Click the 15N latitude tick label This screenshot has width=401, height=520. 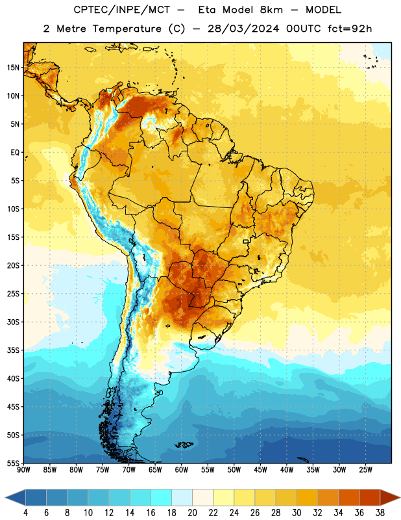tap(13, 68)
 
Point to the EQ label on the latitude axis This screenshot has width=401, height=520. tap(15, 153)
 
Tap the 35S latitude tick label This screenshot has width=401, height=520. tap(13, 350)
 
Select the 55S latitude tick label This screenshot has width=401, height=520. tap(13, 463)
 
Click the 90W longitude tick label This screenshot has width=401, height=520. tap(23, 470)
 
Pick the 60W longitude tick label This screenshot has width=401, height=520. tap(182, 470)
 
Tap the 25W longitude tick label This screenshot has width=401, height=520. tap(365, 470)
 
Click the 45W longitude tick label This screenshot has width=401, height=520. tap(260, 470)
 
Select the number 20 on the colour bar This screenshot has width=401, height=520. tap(192, 513)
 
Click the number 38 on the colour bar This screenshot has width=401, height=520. tap(380, 513)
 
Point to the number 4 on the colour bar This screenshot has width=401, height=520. tap(25, 513)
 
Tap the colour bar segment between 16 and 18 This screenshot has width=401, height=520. tap(162, 497)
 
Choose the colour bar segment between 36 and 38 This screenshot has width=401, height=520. tap(370, 497)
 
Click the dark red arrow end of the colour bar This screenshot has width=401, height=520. tap(389, 497)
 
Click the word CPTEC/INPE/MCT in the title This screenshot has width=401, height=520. tap(122, 10)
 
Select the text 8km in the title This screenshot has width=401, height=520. tap(271, 10)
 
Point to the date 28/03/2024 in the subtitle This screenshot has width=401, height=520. tap(243, 29)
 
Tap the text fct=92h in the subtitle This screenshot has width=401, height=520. tap(350, 29)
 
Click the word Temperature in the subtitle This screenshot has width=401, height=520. tap(127, 29)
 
